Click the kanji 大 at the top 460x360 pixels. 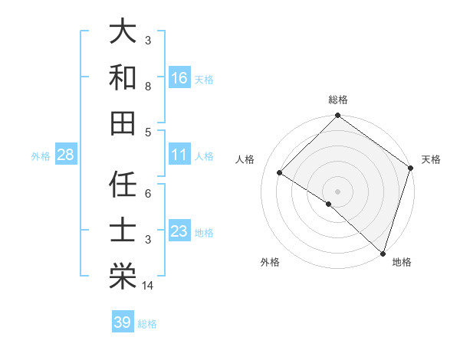click(x=123, y=33)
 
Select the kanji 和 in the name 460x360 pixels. click(x=123, y=77)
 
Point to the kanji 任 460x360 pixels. click(x=123, y=185)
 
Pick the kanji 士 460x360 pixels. click(x=123, y=230)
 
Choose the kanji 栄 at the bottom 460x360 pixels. click(x=123, y=273)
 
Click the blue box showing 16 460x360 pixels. click(x=179, y=78)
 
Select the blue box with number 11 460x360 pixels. click(x=179, y=155)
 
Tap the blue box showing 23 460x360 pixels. click(x=179, y=232)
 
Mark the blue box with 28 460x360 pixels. click(x=66, y=155)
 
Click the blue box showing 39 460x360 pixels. click(x=123, y=322)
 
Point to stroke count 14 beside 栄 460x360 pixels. click(x=148, y=286)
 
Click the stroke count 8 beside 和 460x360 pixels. click(x=148, y=87)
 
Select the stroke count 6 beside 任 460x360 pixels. click(x=148, y=194)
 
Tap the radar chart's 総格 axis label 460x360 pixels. click(x=338, y=100)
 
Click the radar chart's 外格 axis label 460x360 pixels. click(x=270, y=262)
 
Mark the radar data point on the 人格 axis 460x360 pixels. click(x=280, y=173)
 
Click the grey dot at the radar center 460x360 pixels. click(x=337, y=191)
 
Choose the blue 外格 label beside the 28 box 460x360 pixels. click(x=41, y=155)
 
